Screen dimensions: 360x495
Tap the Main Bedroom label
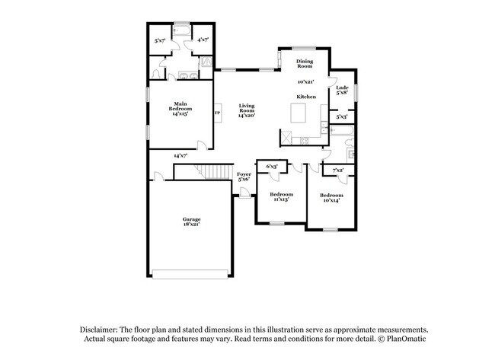(x=180, y=109)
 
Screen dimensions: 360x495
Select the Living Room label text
(x=245, y=110)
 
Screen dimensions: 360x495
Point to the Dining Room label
(x=305, y=62)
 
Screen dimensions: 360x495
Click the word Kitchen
(x=306, y=97)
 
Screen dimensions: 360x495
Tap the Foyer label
(x=244, y=177)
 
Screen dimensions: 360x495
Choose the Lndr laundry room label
(x=343, y=89)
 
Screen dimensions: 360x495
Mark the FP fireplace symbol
(x=218, y=114)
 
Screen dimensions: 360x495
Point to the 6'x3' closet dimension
(x=271, y=165)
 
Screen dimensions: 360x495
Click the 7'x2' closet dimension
(x=339, y=170)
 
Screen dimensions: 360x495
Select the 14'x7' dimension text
(x=180, y=155)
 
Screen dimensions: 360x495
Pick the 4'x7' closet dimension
(x=203, y=40)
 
